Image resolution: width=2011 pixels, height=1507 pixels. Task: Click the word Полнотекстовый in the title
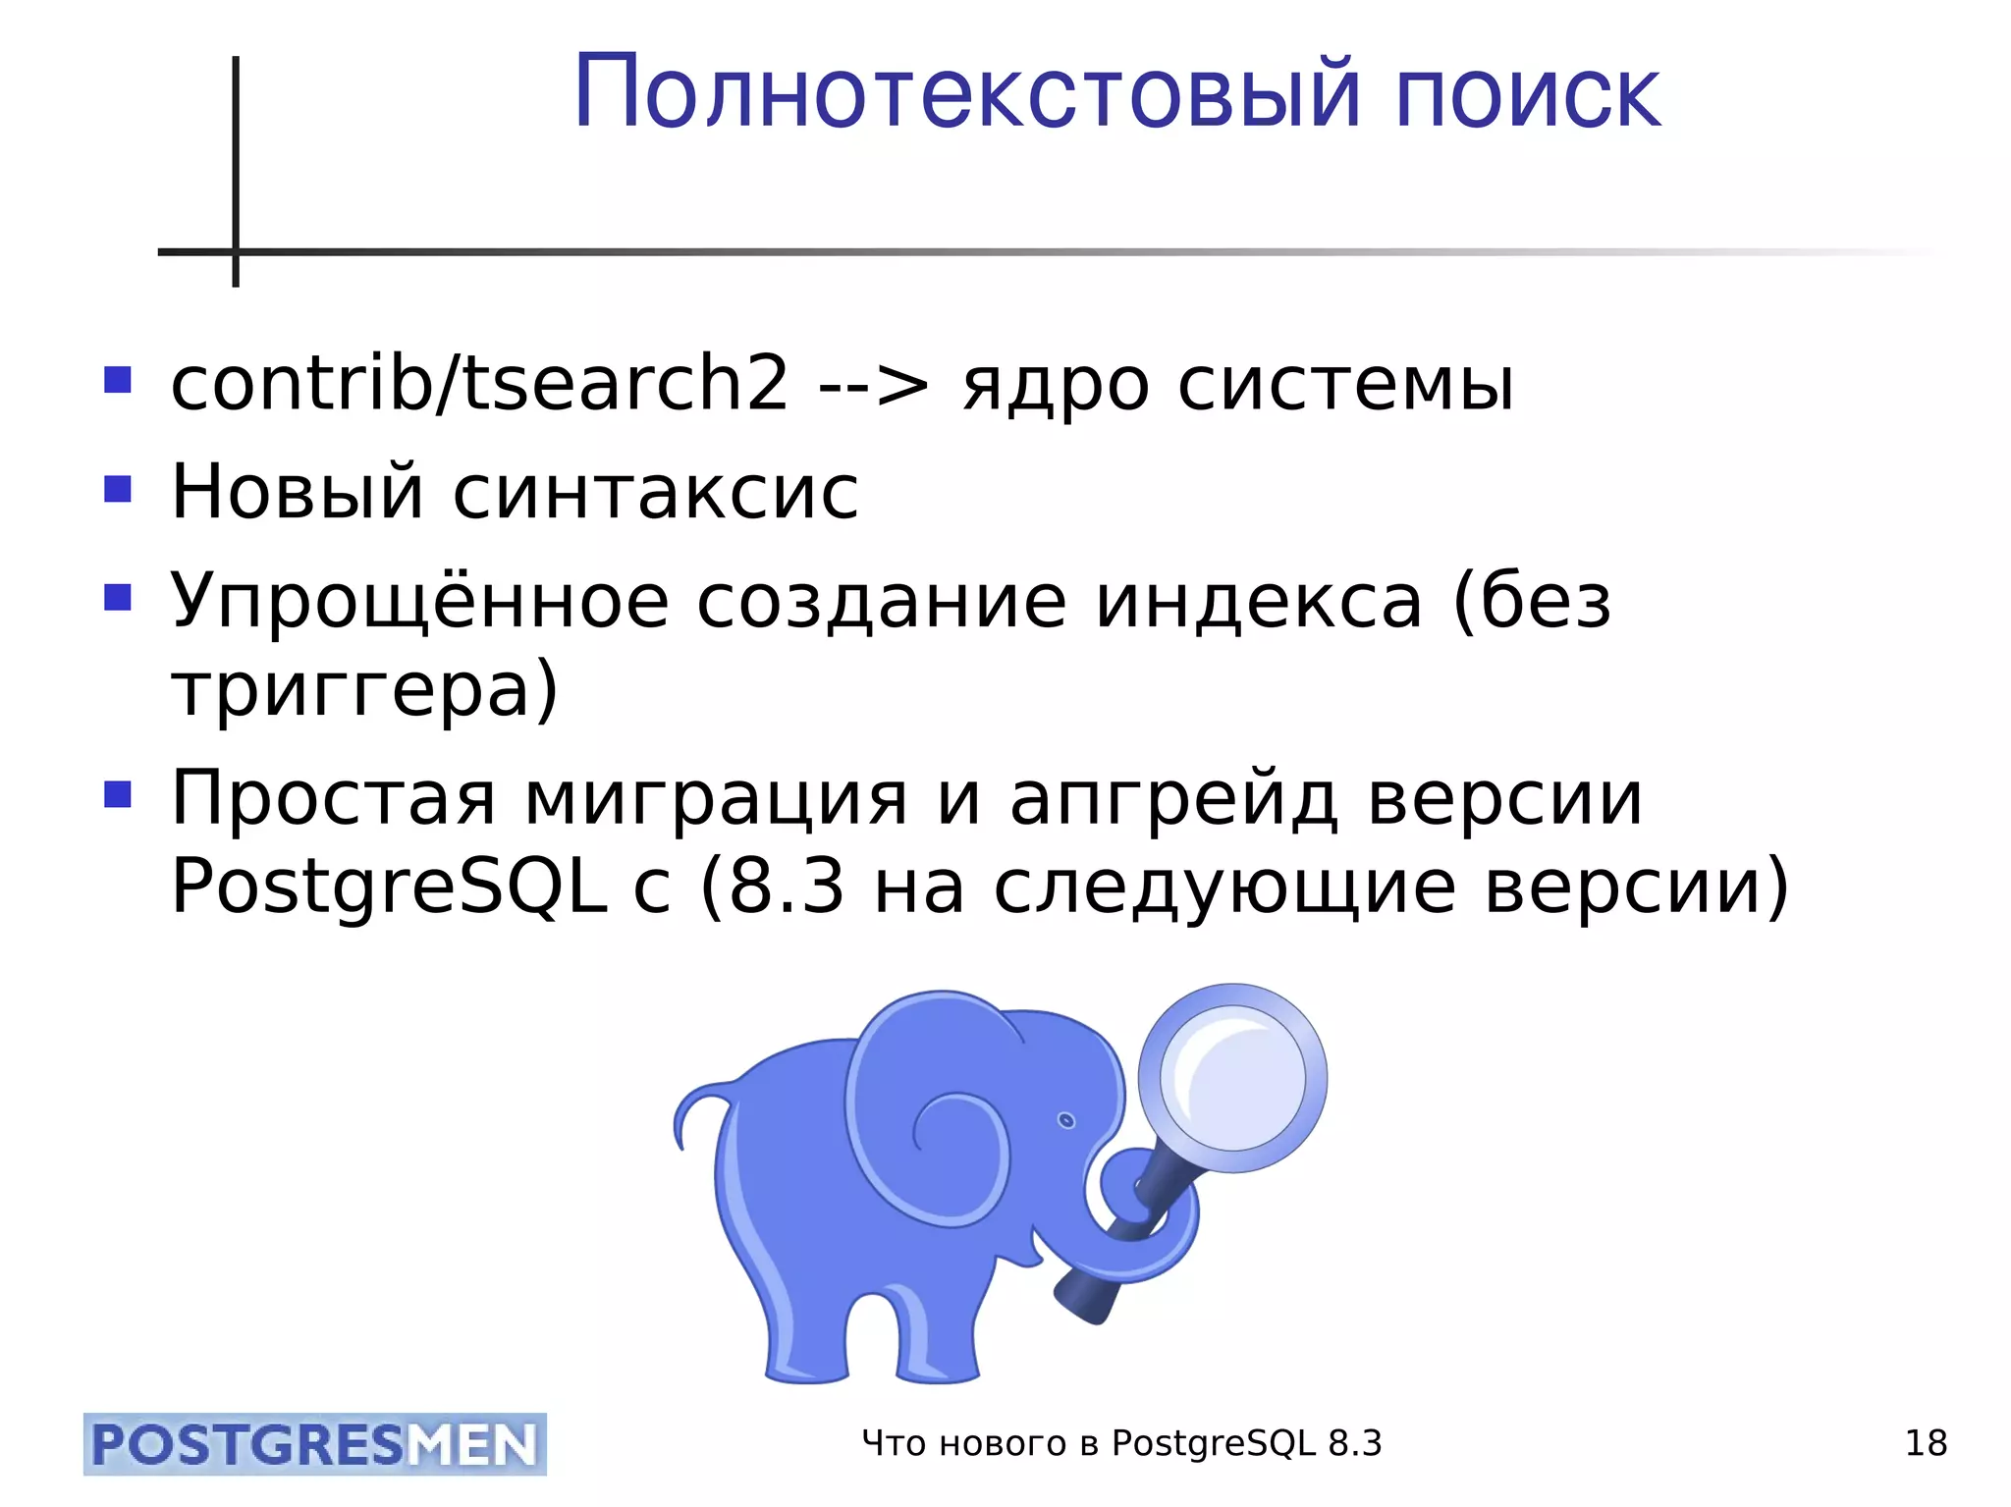point(966,93)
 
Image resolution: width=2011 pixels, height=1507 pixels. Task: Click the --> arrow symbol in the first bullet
point(873,385)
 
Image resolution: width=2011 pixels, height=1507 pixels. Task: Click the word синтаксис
point(655,492)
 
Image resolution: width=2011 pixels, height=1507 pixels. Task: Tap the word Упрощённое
point(419,601)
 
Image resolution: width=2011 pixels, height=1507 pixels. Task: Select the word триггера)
point(364,691)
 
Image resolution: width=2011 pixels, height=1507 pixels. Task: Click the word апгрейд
point(1173,800)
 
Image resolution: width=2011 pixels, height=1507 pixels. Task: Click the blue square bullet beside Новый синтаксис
point(118,488)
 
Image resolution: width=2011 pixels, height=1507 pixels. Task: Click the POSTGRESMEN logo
point(314,1444)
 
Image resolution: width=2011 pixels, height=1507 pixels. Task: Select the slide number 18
point(1925,1444)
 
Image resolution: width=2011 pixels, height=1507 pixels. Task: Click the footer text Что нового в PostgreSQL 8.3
point(1120,1444)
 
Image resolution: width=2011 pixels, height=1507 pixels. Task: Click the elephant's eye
point(1066,1121)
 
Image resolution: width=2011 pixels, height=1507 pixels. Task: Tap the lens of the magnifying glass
point(1232,1077)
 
